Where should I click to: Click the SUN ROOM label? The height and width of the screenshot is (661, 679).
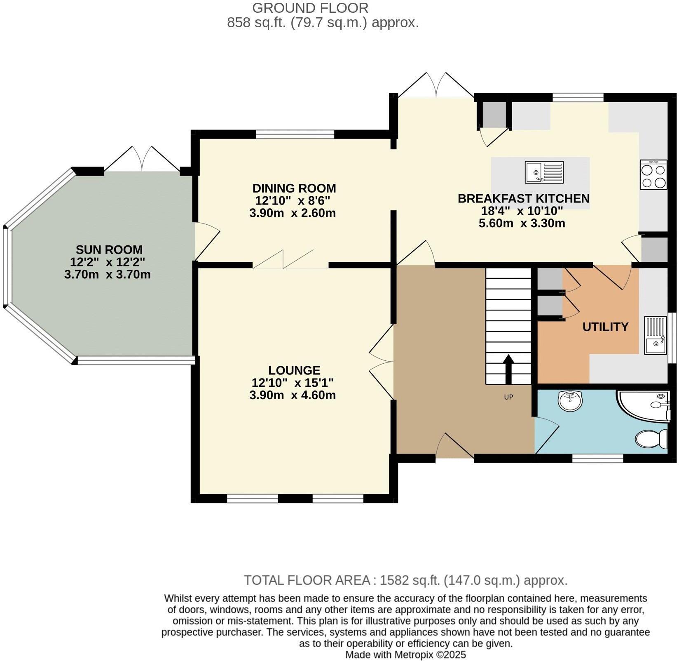[109, 249]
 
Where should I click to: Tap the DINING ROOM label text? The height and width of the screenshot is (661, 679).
[294, 188]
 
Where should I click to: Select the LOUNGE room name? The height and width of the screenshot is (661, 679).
[294, 370]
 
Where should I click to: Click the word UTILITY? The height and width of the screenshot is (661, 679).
[605, 327]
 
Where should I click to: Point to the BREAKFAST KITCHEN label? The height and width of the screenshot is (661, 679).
[524, 198]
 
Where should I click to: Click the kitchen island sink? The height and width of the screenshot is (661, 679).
[544, 172]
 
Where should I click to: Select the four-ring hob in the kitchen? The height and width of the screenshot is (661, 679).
[653, 175]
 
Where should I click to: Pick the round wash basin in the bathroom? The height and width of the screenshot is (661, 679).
[570, 400]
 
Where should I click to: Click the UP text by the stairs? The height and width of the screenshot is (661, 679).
[508, 397]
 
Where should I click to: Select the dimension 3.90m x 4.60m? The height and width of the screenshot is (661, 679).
[293, 395]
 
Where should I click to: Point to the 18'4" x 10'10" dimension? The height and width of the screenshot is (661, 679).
[522, 211]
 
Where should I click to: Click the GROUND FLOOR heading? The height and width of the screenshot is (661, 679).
[310, 8]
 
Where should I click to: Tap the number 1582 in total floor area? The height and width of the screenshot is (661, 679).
[393, 580]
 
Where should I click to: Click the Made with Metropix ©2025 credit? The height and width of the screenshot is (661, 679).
[405, 654]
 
